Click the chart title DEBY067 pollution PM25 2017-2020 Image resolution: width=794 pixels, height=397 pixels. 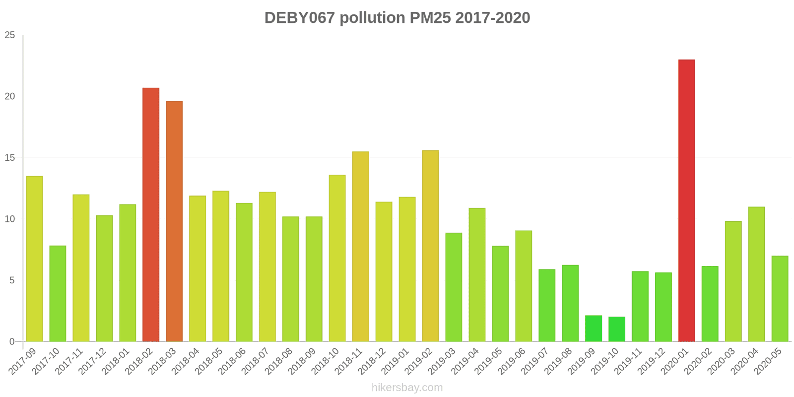pos(397,18)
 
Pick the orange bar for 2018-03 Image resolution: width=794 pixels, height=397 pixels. pos(174,221)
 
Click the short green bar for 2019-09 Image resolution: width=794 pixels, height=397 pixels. pos(594,329)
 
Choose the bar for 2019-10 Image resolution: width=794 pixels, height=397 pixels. pos(617,329)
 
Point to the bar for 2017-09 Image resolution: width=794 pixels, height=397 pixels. pos(34,259)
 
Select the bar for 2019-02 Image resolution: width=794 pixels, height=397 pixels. pos(430,246)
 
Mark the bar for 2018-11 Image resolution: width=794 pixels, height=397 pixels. pos(360,246)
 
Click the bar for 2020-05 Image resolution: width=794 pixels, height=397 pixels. pos(780,299)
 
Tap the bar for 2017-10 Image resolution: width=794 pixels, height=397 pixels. pos(58,293)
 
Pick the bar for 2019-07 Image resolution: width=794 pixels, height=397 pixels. pos(547,305)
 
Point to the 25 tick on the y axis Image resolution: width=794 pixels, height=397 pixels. pos(10,35)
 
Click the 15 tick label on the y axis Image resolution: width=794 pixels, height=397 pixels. pos(10,158)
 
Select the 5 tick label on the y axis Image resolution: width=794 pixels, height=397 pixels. pos(12,280)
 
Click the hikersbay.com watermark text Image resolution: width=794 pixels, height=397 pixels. pos(407,388)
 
